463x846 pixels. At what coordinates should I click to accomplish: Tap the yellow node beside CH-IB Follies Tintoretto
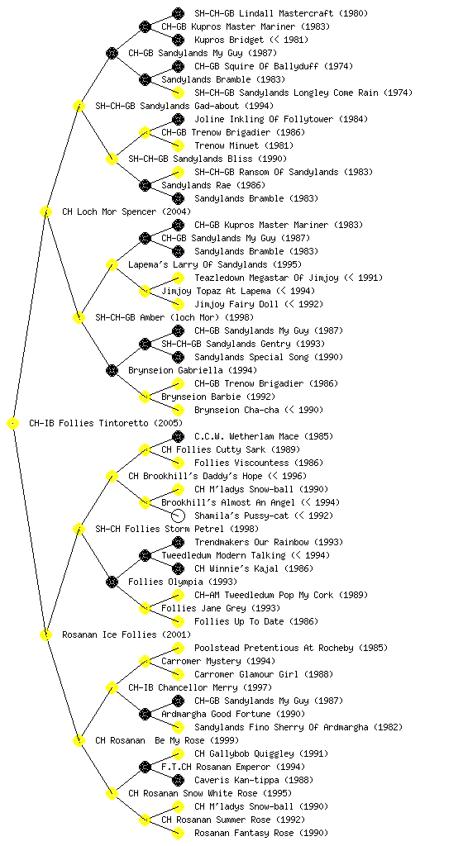[x=13, y=424]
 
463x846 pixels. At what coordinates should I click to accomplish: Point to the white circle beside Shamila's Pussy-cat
[x=178, y=516]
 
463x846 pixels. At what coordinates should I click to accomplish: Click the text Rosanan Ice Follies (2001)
[x=126, y=635]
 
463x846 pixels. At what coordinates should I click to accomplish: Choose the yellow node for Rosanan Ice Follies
[x=45, y=635]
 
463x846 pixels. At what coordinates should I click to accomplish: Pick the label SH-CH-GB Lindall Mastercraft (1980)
[x=281, y=13]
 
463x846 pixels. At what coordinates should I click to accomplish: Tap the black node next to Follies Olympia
[x=112, y=582]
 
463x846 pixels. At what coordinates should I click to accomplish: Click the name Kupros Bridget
[x=230, y=40]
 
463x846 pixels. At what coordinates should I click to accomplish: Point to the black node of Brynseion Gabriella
[x=112, y=371]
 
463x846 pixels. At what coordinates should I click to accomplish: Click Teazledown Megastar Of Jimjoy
[x=266, y=278]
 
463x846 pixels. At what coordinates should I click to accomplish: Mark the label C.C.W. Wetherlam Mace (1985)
[x=264, y=436]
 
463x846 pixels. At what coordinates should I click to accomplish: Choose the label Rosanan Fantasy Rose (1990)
[x=261, y=833]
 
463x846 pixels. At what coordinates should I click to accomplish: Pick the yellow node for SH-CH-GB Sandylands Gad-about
[x=79, y=107]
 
